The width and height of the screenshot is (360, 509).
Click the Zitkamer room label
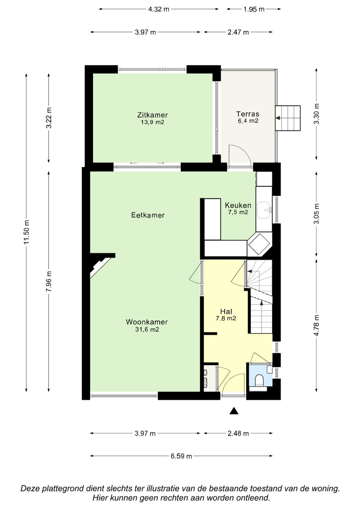(152, 115)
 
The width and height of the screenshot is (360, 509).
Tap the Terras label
(247, 114)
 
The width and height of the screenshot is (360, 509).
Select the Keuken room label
(238, 205)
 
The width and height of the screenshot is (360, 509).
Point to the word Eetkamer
(148, 215)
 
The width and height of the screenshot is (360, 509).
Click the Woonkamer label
(147, 322)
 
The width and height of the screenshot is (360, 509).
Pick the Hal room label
(226, 311)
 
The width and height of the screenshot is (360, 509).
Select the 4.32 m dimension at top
(159, 9)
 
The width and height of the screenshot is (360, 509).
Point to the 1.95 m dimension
(254, 9)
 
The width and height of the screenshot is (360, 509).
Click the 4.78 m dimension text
(316, 325)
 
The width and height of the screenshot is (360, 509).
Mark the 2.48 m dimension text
(238, 433)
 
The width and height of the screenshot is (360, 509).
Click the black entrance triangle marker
(234, 411)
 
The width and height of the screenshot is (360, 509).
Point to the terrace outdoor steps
(288, 118)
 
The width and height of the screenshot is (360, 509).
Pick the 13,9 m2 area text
(152, 122)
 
